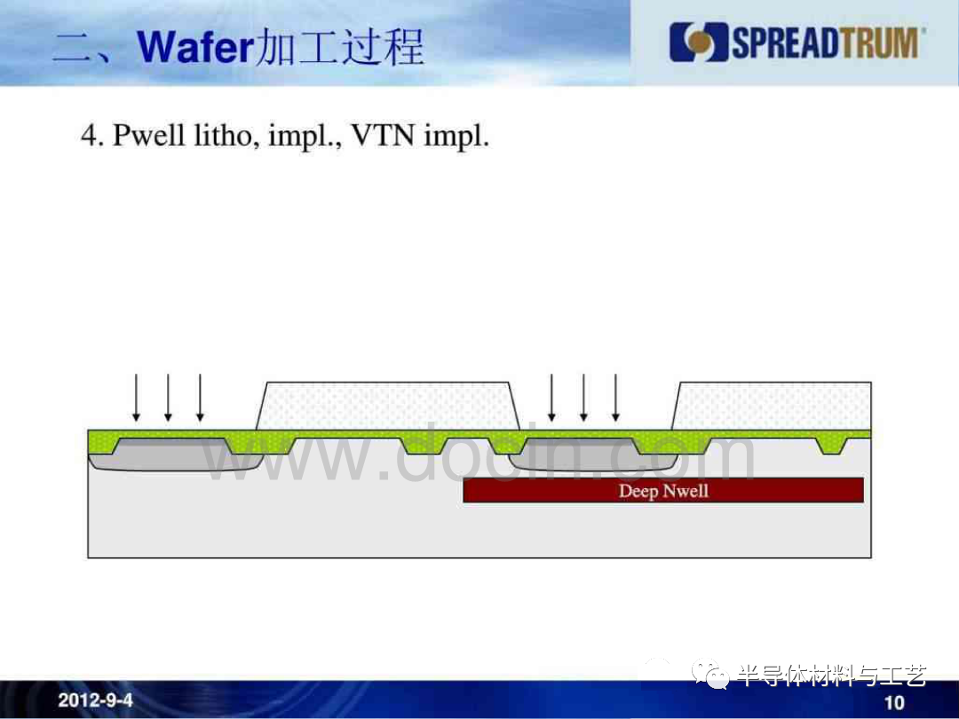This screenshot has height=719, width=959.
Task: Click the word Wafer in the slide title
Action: point(194,47)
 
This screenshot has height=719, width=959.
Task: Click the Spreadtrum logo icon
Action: point(698,43)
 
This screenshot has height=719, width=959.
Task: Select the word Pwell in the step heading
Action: point(148,135)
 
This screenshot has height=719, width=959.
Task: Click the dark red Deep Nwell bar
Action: point(663,490)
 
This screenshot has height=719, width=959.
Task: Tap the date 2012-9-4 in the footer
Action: point(95,700)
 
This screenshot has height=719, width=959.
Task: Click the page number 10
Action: point(894,702)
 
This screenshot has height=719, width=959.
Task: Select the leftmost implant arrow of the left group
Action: point(137,398)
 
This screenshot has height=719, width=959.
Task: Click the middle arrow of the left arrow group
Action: point(168,398)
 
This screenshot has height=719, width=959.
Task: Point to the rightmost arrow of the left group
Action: point(200,398)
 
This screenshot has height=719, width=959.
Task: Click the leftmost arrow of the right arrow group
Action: point(551,398)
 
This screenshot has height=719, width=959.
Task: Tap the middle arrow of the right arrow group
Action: point(583,398)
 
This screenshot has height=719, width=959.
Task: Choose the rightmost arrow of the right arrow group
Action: point(616,398)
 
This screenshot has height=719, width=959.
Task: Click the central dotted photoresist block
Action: point(388,406)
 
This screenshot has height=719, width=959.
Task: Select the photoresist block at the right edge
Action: point(772,406)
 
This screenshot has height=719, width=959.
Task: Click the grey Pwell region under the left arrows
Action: point(174,455)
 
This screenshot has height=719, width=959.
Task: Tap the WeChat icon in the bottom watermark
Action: point(710,674)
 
